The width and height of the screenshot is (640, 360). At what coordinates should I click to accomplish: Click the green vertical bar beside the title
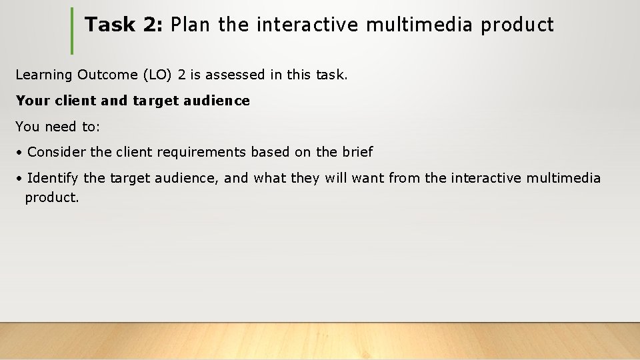point(72,31)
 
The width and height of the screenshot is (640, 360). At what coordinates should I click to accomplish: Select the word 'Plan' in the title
point(190,25)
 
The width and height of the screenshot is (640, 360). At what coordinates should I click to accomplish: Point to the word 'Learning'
point(44,75)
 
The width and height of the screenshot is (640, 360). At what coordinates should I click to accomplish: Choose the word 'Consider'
point(57,152)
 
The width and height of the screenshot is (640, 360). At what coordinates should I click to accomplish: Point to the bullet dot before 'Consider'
point(21,153)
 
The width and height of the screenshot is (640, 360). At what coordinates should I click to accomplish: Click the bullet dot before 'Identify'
point(21,179)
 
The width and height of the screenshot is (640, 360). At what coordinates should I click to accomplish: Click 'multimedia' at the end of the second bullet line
point(563,178)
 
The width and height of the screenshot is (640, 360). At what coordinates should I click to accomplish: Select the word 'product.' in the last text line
point(52,198)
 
